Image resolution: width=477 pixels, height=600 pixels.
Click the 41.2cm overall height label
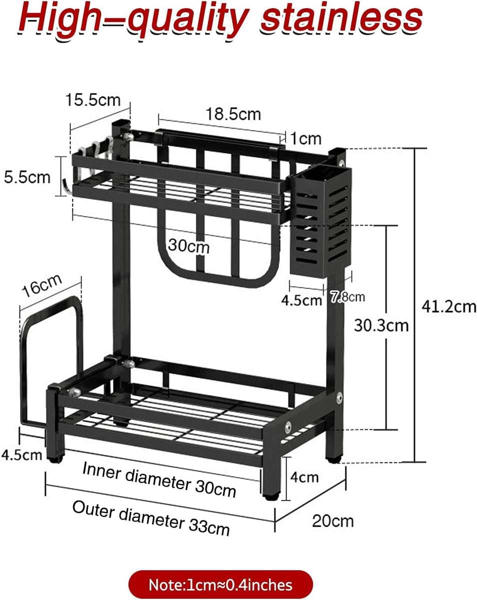(448, 306)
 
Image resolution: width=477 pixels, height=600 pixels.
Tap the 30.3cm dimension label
(381, 325)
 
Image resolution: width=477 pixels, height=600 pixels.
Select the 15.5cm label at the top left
(92, 99)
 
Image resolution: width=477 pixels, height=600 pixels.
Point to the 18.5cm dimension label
(233, 114)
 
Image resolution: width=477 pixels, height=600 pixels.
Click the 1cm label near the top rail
(306, 138)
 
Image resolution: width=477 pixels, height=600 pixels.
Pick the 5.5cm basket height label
(27, 177)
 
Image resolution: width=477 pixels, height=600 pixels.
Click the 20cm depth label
(333, 521)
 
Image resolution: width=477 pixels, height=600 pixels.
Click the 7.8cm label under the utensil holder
(347, 297)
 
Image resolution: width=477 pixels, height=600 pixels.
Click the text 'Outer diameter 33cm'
(151, 517)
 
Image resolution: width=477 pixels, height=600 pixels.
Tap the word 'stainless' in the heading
(342, 18)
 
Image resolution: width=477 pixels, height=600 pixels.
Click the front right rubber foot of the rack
(270, 496)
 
